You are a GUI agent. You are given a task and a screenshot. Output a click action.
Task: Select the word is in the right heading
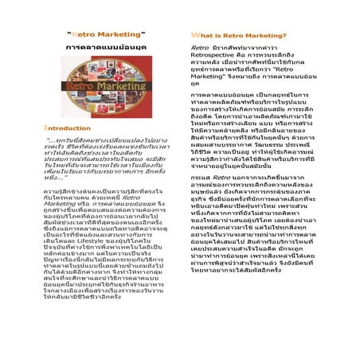[225, 37]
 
